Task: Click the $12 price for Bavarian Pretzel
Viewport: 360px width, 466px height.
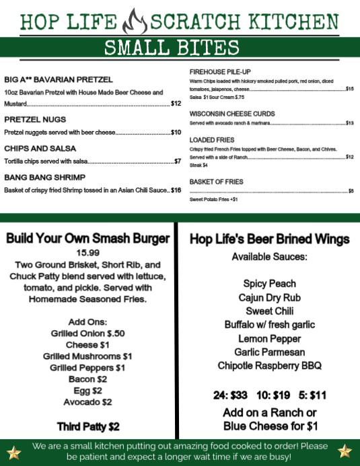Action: (176, 104)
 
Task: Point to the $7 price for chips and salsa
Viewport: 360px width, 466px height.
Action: (178, 161)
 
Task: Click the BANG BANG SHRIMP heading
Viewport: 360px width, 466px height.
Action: (44, 177)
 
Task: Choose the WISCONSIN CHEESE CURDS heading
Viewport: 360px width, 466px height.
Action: (232, 114)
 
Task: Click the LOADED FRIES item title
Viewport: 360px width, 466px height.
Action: (212, 140)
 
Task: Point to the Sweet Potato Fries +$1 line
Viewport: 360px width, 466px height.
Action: (213, 200)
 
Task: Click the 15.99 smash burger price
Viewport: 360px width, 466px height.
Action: (87, 252)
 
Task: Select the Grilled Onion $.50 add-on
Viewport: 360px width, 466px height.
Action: (87, 333)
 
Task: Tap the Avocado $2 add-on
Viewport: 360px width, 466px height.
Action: (87, 402)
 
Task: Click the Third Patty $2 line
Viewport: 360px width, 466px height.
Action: (87, 426)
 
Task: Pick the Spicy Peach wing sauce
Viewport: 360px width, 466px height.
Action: (270, 284)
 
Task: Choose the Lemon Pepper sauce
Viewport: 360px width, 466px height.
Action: (270, 338)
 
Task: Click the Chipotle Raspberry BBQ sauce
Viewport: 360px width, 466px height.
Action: (270, 366)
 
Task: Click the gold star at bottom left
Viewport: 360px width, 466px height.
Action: (14, 451)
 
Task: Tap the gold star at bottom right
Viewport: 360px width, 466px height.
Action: (345, 451)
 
